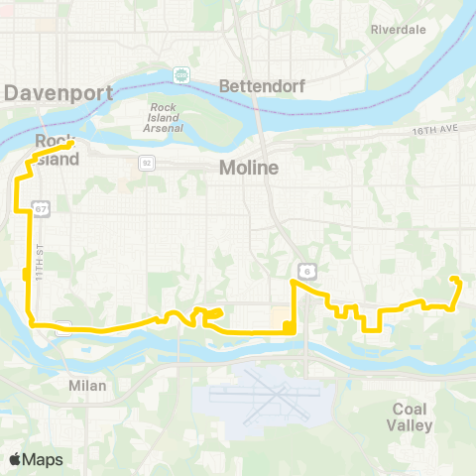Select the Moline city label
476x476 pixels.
(249, 169)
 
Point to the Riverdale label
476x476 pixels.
(398, 30)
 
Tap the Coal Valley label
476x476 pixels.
(413, 416)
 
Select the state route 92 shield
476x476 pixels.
(146, 162)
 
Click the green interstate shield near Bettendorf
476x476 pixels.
(181, 74)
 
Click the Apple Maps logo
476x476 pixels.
(36, 459)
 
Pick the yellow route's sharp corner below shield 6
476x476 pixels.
(293, 283)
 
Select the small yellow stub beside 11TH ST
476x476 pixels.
(25, 275)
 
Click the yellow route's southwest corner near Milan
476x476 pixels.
(33, 323)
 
